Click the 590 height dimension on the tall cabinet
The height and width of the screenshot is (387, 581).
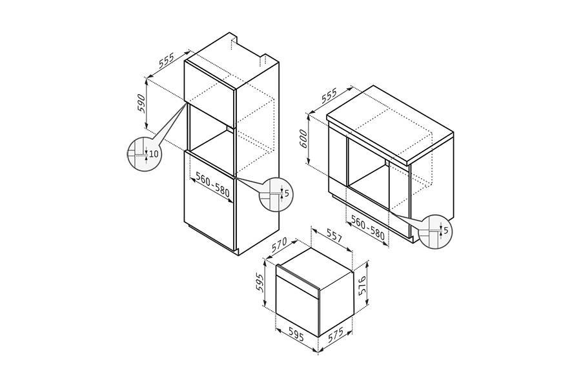(x=141, y=103)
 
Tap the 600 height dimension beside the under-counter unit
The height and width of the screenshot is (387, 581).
(x=303, y=139)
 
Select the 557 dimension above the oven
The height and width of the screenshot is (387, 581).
(x=334, y=237)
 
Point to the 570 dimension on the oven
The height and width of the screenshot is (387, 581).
(x=280, y=244)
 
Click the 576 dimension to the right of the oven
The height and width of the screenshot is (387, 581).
(x=362, y=284)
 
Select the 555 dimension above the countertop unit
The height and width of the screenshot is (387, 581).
(x=329, y=95)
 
